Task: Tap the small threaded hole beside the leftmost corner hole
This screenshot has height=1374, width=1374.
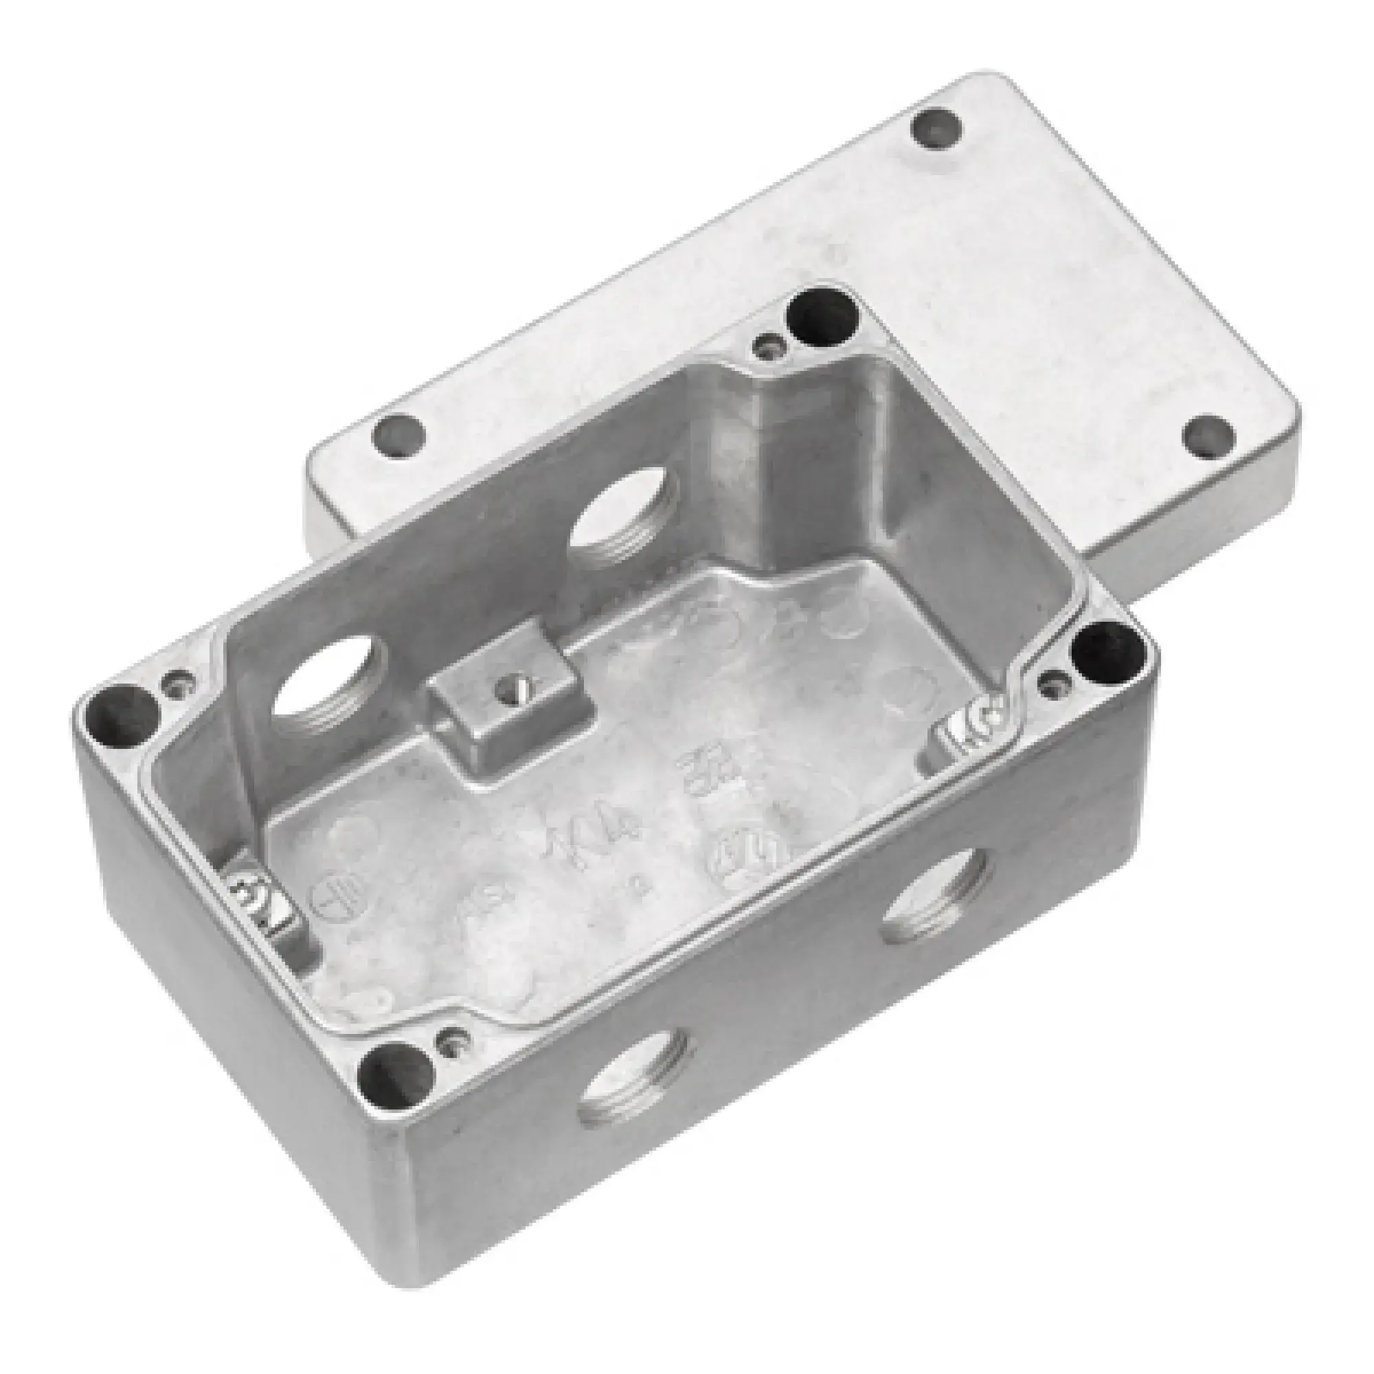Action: pos(178,684)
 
